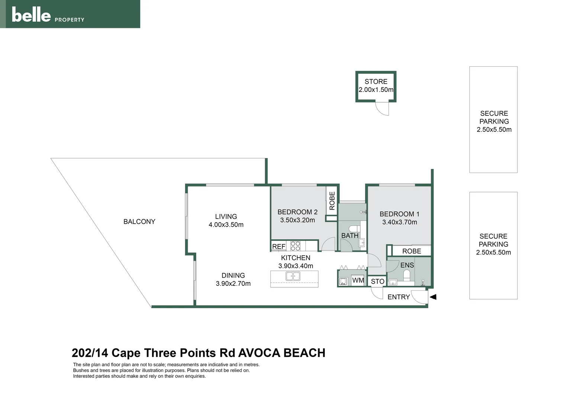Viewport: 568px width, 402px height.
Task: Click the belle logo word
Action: click(31, 15)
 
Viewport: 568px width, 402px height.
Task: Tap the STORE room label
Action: click(376, 82)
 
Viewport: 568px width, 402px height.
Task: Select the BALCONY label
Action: click(139, 221)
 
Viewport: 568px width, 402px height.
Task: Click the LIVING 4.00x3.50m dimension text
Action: click(226, 225)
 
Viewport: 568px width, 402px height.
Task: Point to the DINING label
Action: click(233, 275)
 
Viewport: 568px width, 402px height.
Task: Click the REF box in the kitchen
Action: click(278, 246)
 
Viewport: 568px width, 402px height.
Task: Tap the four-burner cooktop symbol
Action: click(295, 246)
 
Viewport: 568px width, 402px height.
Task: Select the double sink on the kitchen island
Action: click(293, 276)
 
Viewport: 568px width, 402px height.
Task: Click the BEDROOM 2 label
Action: click(297, 212)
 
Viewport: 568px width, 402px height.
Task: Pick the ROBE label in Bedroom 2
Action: click(332, 201)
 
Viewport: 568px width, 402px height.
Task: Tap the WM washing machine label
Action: click(358, 280)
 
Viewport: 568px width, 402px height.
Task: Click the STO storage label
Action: click(377, 281)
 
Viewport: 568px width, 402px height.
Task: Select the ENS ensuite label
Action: click(407, 265)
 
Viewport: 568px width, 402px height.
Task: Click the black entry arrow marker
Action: click(433, 297)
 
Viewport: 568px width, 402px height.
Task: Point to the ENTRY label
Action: click(398, 297)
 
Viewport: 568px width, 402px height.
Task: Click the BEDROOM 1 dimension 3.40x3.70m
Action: click(400, 222)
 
